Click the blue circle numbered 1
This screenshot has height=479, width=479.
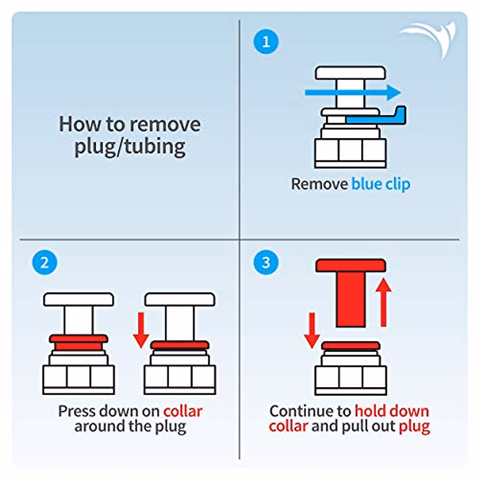pos(266,42)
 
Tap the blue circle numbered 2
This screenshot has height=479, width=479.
pos(44,263)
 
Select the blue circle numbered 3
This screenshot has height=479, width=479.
pos(266,263)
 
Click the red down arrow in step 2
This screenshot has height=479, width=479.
pos(141,330)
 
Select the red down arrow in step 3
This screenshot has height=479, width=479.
pos(312,331)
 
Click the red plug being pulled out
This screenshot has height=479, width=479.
pos(350,291)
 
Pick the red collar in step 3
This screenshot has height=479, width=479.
pos(350,346)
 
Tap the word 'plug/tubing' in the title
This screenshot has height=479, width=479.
pos(130,146)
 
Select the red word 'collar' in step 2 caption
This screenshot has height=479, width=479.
pos(183,411)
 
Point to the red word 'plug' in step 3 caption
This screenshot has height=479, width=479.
pos(414,426)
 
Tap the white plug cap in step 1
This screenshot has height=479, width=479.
pos(350,73)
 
